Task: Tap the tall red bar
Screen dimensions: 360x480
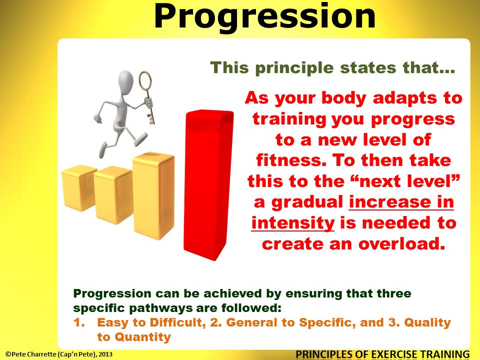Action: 208,182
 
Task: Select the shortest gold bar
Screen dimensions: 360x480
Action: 79,190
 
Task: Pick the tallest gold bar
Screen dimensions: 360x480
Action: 153,195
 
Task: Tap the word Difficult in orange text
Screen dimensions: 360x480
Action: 171,322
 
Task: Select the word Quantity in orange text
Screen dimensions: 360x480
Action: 142,337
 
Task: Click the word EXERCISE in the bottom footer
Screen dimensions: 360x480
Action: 382,354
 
